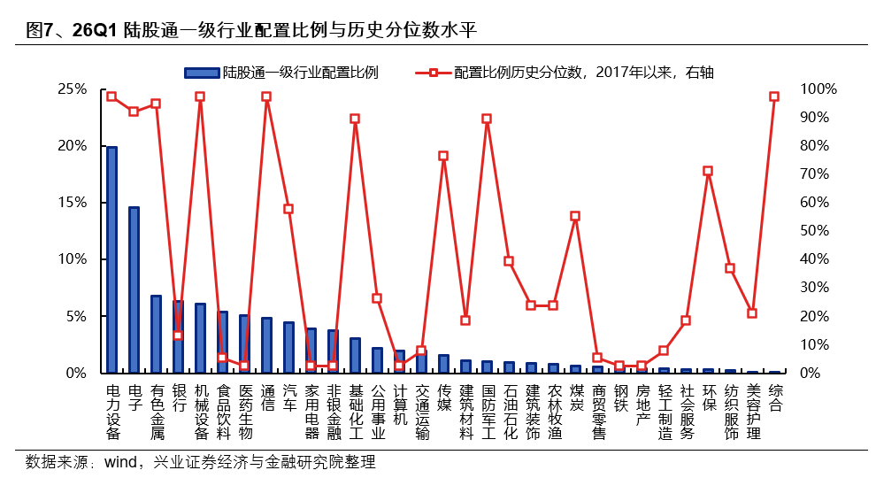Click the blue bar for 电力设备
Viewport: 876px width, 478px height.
coord(111,259)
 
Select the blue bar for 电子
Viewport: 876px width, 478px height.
coord(134,289)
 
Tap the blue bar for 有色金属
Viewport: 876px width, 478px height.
coord(156,334)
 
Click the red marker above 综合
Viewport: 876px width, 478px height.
coord(774,96)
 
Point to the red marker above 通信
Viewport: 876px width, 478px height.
coord(266,96)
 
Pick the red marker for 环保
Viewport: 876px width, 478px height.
coord(708,171)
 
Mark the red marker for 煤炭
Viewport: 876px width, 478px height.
coord(575,216)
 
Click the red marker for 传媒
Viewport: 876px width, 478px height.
coord(443,156)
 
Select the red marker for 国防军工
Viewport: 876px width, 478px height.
coord(487,119)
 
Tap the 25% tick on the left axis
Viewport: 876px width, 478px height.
coord(72,89)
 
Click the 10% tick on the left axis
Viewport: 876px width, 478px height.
coord(72,259)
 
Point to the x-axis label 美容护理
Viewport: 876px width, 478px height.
coord(752,412)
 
